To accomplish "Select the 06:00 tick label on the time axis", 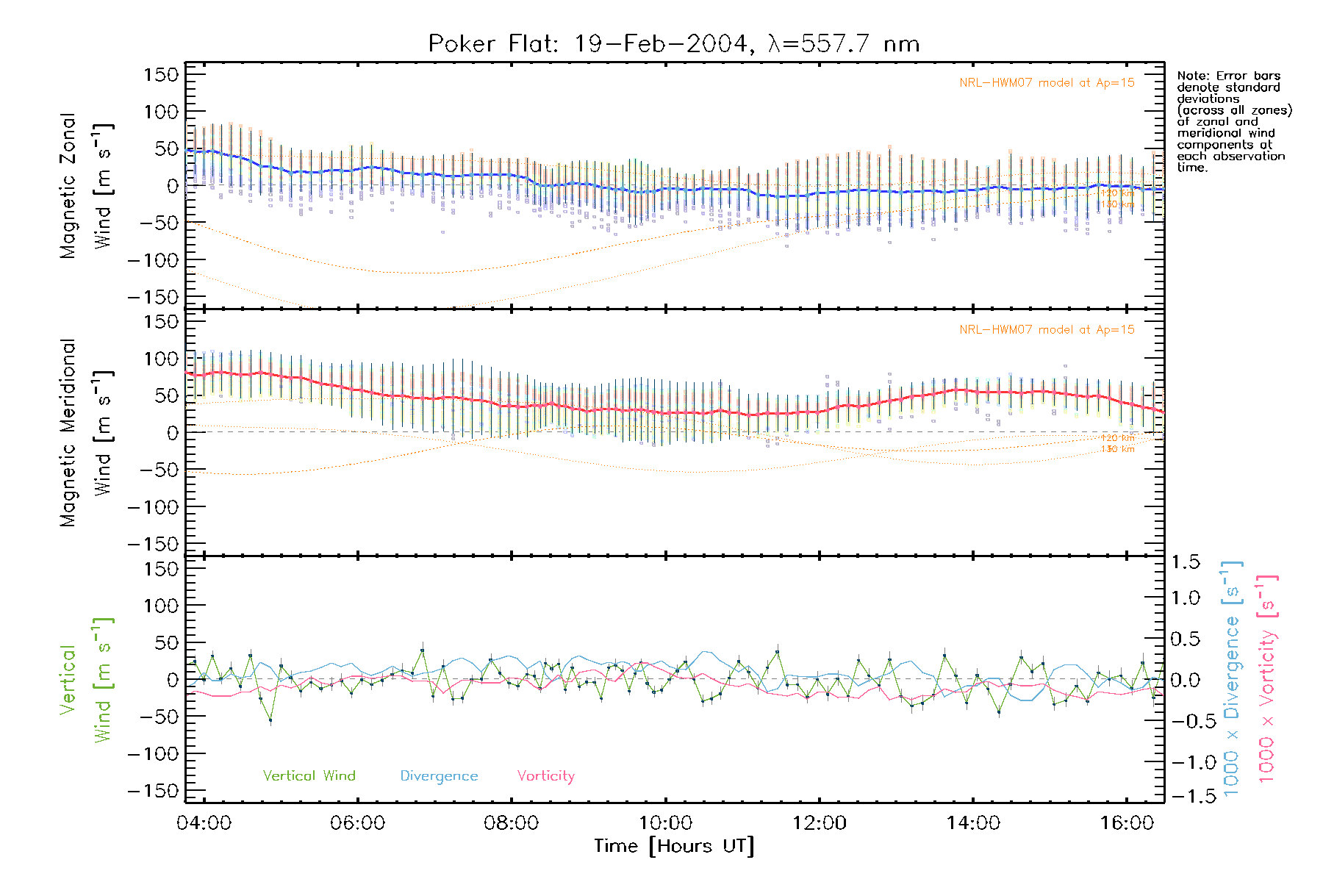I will tap(358, 823).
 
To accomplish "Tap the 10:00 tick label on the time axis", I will tap(665, 823).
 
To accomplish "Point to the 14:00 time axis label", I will tap(973, 823).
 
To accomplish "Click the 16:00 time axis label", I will tap(1127, 823).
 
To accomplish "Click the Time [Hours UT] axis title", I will tap(674, 846).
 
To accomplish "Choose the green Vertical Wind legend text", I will tap(309, 775).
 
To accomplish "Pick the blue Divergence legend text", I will tap(439, 776).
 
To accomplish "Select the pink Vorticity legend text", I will tap(545, 776).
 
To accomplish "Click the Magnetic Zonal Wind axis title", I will tap(85, 185).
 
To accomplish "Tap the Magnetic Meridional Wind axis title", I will tap(85, 433).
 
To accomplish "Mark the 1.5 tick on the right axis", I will tap(1186, 562).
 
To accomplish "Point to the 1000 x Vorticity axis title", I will tap(1267, 678).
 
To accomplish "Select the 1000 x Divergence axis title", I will tap(1231, 678).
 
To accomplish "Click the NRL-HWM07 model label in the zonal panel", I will tap(1047, 83).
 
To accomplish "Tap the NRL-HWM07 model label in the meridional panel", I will tap(1047, 330).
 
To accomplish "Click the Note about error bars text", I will tap(1233, 121).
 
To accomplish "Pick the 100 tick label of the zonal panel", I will tap(161, 112).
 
